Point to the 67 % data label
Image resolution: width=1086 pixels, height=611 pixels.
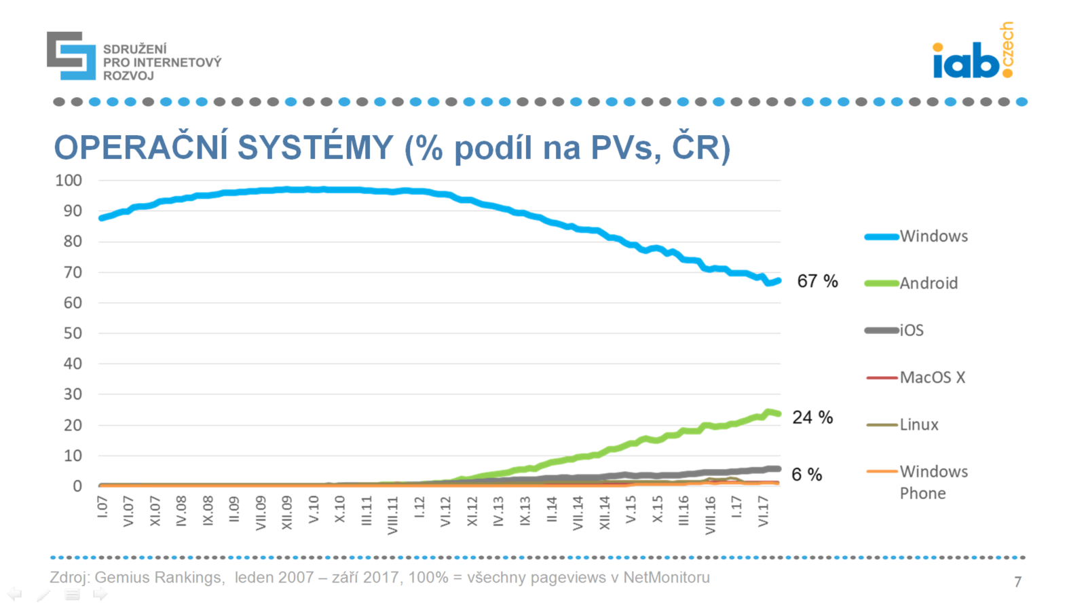[817, 281]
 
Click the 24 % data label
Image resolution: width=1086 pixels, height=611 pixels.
[812, 417]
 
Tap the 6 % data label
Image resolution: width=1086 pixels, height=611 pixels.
[806, 475]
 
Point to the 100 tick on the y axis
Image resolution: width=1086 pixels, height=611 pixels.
[69, 181]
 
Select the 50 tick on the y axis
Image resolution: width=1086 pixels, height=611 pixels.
[73, 333]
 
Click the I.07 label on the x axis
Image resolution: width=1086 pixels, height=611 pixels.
[102, 506]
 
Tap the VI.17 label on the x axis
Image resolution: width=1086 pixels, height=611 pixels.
[763, 511]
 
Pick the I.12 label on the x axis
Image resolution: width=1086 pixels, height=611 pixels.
[419, 507]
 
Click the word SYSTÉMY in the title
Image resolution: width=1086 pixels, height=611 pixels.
[316, 147]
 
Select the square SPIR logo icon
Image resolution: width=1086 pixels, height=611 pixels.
[71, 56]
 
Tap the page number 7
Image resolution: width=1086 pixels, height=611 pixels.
[1017, 581]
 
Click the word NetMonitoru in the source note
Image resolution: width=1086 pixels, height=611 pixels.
[666, 578]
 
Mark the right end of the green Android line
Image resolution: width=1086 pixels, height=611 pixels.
[778, 413]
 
